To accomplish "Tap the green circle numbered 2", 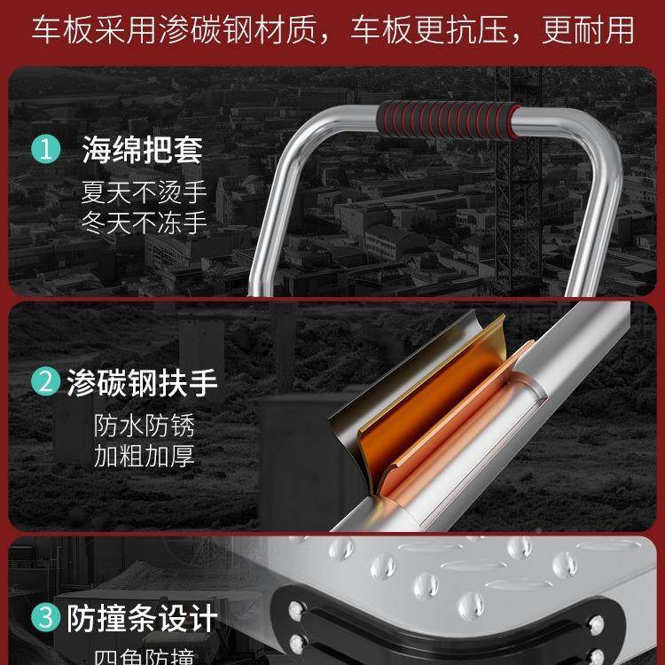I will (44, 384).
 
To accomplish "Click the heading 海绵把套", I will (142, 149).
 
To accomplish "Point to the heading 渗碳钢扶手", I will (142, 384).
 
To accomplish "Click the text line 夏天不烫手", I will (144, 192).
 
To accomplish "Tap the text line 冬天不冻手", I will (144, 222).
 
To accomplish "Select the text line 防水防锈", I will (144, 426).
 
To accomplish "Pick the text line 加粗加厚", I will (144, 457).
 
